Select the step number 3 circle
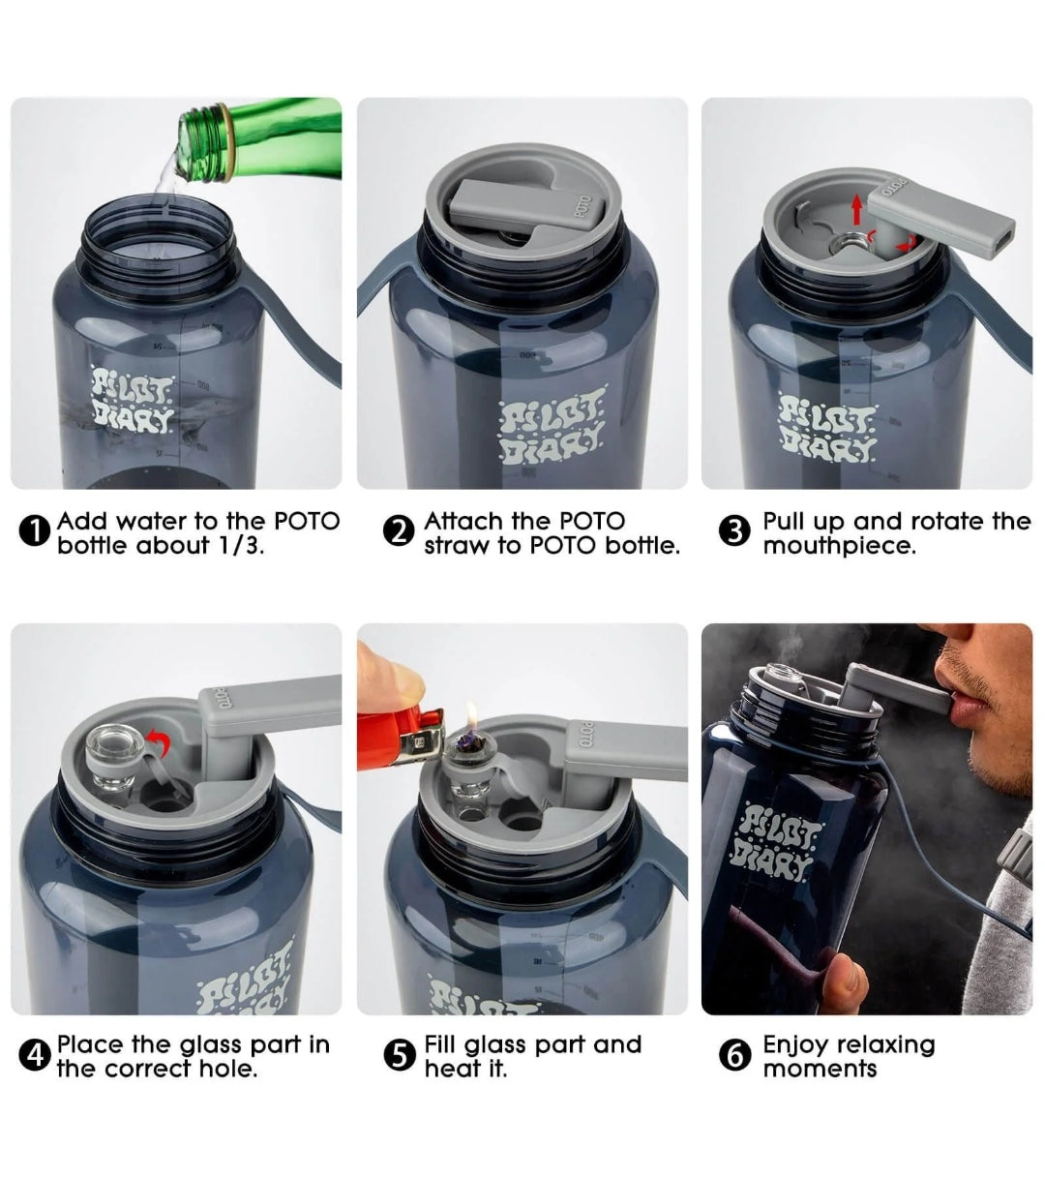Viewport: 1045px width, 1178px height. coord(735,531)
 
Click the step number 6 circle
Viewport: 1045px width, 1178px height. coord(735,1055)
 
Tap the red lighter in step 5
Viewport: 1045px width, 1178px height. coord(401,738)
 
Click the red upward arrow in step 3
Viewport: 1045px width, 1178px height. coord(856,210)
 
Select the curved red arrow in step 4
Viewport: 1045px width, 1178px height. coord(160,743)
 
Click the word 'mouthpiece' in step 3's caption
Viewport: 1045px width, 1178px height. coord(839,545)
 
